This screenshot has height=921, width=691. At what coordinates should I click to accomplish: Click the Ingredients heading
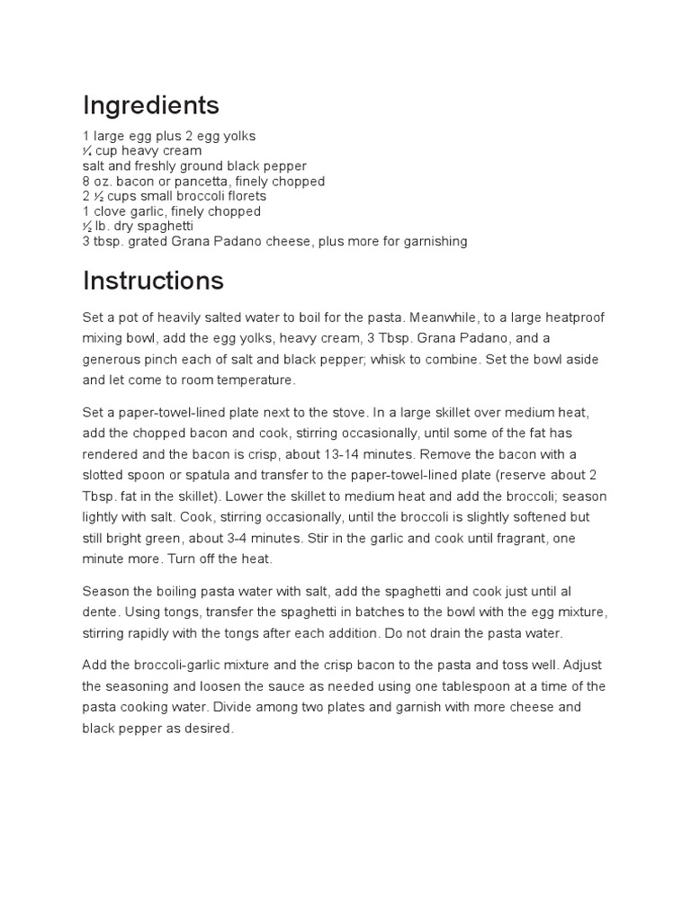pyautogui.click(x=150, y=106)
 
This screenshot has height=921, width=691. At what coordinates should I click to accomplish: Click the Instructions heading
pyautogui.click(x=153, y=281)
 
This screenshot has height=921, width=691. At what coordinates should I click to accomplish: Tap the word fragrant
pyautogui.click(x=516, y=538)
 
